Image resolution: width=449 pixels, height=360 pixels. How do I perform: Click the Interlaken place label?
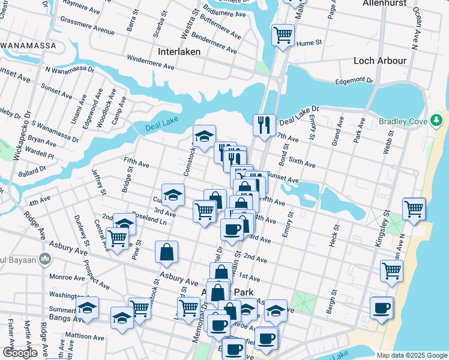[179, 52]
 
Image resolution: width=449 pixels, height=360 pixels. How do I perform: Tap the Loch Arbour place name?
[380, 61]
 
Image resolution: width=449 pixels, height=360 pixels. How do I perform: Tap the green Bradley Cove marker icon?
[437, 122]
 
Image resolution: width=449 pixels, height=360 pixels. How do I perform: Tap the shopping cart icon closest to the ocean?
[414, 209]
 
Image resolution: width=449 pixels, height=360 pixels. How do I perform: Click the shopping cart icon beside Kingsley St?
[391, 271]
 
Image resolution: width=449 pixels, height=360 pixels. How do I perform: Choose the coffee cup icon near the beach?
[381, 308]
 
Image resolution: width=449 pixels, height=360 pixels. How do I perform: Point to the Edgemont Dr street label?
[354, 80]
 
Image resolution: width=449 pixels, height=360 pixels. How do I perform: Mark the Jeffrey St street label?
[98, 181]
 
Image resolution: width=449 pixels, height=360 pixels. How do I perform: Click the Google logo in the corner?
[20, 353]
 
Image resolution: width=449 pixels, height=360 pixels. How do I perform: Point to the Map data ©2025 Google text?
[412, 355]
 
